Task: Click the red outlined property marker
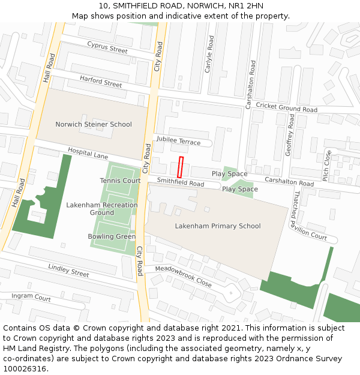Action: (180, 166)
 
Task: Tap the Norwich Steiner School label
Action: (94, 125)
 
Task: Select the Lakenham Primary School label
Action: (218, 226)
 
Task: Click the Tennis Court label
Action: (121, 181)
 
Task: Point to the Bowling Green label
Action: (112, 236)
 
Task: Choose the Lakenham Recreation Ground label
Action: (102, 209)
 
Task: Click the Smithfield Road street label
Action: (181, 181)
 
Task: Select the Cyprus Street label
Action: (107, 47)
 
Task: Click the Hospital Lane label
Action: (88, 154)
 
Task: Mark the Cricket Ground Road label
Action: (286, 107)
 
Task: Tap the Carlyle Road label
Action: (209, 54)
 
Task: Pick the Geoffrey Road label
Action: (290, 135)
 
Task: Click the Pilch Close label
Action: (326, 166)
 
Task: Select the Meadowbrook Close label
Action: (183, 276)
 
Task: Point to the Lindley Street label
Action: (68, 270)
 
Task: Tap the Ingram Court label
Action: (31, 297)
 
